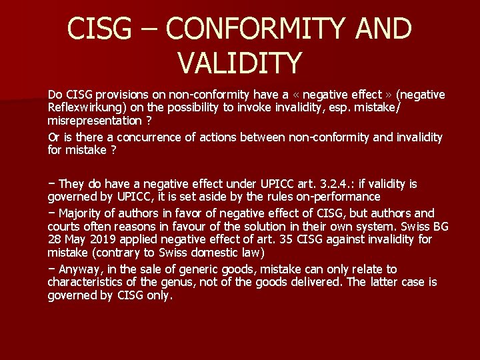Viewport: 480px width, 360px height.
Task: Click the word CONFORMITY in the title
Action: [x=265, y=29]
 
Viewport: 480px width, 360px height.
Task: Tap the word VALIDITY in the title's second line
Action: [x=240, y=63]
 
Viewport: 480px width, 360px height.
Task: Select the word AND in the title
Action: [x=383, y=29]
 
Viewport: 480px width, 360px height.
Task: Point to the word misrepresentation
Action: [x=94, y=121]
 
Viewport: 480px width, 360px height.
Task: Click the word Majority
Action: [x=81, y=213]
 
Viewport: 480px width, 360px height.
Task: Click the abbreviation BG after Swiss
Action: [x=439, y=226]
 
